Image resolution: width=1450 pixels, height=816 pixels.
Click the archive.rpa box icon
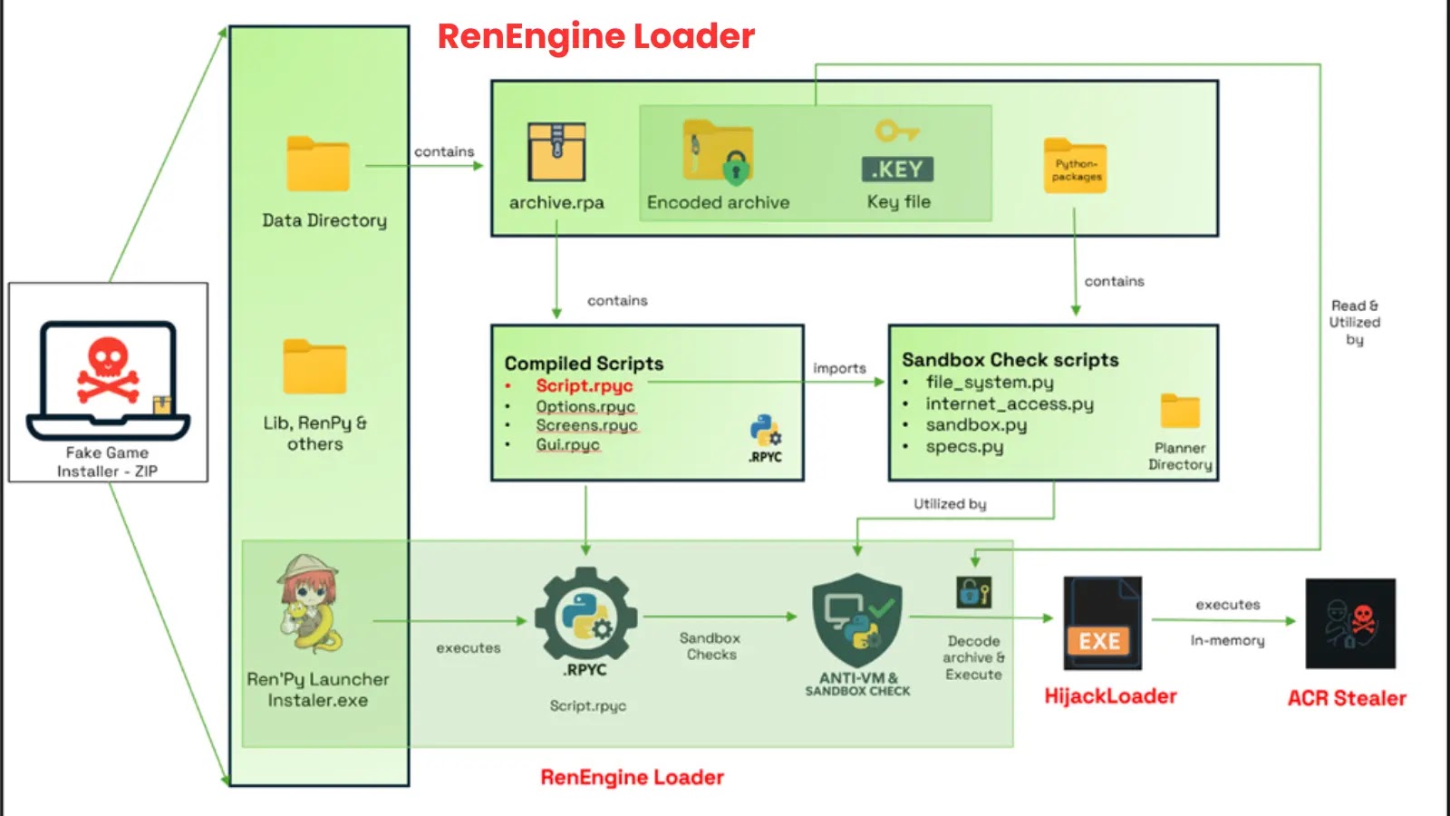556,152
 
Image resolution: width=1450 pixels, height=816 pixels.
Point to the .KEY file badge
897,169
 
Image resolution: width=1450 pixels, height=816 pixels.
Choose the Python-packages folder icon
1075,166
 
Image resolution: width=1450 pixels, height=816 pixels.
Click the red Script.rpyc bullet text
584,385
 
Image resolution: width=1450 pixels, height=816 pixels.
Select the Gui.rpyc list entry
567,444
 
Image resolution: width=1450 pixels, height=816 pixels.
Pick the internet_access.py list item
1009,403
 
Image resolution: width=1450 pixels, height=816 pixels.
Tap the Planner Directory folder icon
1180,412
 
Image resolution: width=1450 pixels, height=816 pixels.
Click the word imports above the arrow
839,368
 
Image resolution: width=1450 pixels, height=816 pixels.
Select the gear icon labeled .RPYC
585,617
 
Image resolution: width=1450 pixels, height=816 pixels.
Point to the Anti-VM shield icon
857,618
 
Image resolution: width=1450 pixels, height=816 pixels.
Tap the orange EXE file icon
1102,624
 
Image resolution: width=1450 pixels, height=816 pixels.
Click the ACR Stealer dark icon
1349,624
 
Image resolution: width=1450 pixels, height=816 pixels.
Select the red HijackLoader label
1110,696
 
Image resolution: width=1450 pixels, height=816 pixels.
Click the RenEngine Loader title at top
595,36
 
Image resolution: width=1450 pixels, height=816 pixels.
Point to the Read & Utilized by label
1354,323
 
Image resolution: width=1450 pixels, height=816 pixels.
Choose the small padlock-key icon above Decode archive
974,593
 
